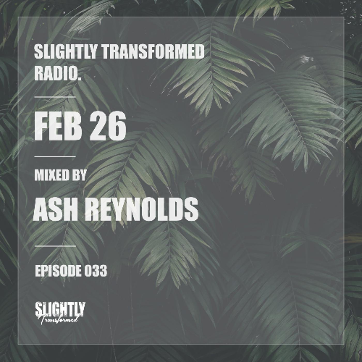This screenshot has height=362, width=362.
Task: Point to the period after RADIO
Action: point(79,78)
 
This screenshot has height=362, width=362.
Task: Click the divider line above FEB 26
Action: point(55,97)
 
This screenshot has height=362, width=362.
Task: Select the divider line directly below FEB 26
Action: point(55,156)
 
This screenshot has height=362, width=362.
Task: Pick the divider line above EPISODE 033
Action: point(55,246)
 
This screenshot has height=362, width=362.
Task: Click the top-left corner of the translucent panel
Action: point(18,17)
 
